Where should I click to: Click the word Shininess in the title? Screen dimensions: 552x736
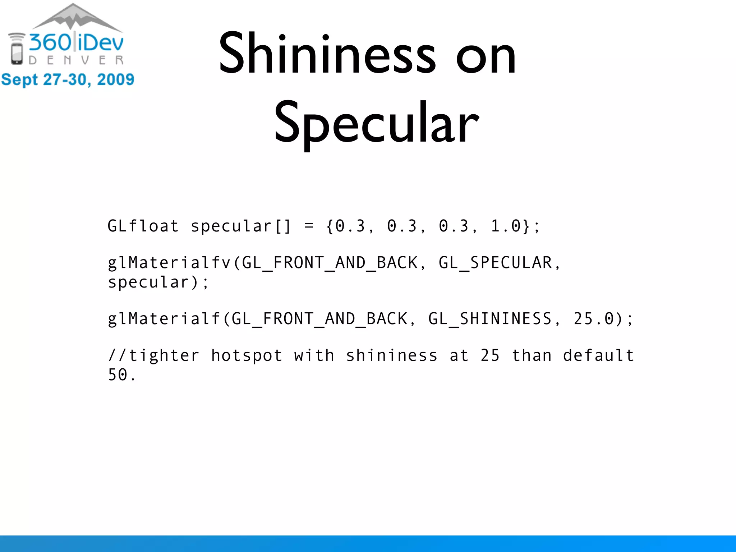[x=327, y=54]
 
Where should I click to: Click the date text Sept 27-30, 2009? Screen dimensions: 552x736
[x=68, y=79]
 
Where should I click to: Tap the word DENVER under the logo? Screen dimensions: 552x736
[x=76, y=60]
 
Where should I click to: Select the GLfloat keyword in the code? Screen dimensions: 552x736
[x=143, y=226]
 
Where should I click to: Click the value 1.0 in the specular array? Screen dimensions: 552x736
[x=505, y=226]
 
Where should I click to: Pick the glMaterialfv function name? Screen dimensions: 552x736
[x=169, y=263]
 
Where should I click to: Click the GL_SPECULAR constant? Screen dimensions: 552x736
[x=495, y=263]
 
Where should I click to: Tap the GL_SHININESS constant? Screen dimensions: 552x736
[x=490, y=319]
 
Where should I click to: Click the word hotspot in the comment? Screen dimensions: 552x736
[x=247, y=356]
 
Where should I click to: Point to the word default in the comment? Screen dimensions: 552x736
[x=598, y=356]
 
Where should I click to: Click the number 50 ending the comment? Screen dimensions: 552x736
[x=118, y=375]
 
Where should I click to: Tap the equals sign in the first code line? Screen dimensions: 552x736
[x=309, y=226]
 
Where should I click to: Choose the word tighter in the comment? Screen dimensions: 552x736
[x=164, y=356]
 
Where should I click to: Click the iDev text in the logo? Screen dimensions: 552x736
[x=101, y=43]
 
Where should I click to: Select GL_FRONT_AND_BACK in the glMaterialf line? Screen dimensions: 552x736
[x=319, y=319]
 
